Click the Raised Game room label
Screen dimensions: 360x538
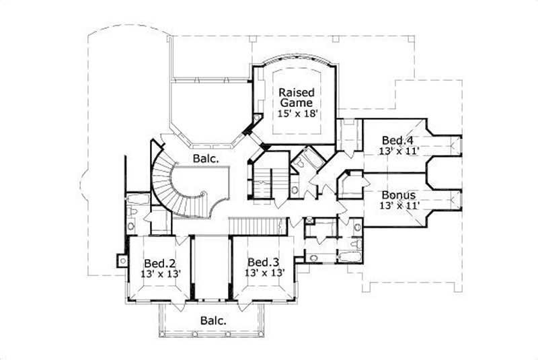(296, 98)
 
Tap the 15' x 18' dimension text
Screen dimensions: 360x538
(296, 114)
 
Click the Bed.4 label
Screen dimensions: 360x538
(397, 140)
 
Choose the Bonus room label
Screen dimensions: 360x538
(397, 194)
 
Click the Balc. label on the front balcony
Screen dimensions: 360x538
(213, 320)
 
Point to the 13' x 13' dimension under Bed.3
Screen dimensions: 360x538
(262, 273)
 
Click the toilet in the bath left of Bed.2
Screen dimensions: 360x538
(133, 214)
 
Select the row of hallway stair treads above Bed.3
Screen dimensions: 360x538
(254, 225)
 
